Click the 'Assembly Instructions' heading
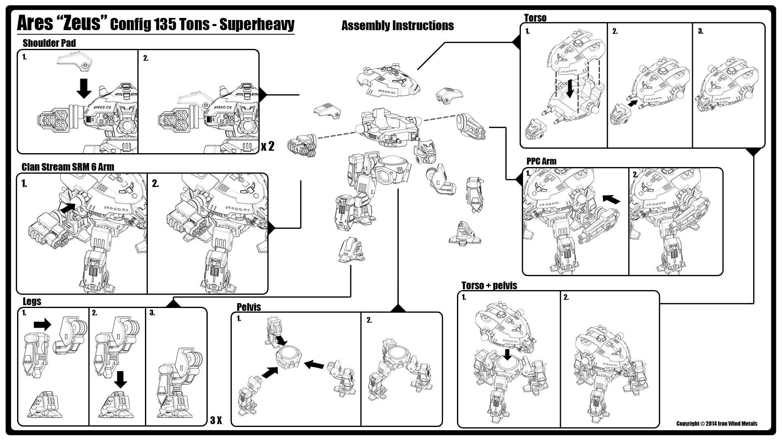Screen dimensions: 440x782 coord(398,26)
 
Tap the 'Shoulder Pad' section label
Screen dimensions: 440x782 coord(49,43)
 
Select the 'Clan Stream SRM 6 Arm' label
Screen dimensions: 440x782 coord(68,167)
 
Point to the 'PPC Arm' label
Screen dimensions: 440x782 coord(541,161)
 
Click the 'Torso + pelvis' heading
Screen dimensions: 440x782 coord(489,285)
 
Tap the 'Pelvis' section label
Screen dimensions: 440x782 coord(248,307)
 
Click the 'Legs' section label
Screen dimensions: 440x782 coord(32,301)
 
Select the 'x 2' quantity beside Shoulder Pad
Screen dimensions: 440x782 coord(268,146)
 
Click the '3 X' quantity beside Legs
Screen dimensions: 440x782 coord(216,420)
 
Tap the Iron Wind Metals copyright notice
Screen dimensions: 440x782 coord(717,424)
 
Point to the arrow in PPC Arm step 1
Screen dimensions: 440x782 coord(611,199)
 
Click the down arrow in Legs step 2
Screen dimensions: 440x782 coord(120,379)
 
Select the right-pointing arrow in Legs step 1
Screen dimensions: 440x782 coord(42,324)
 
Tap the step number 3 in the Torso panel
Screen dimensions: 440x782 coord(701,31)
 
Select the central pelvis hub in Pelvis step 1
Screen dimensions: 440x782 coord(289,357)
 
